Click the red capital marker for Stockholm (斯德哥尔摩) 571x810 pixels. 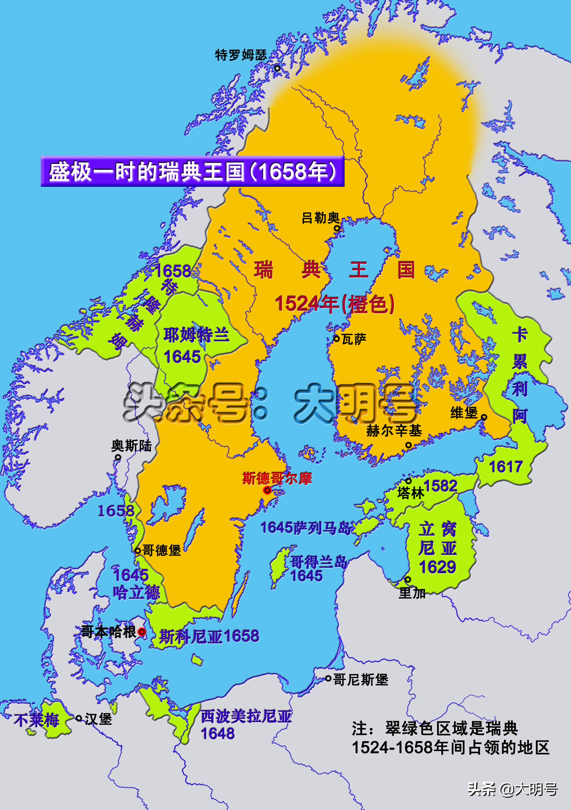267,490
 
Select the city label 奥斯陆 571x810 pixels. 131,446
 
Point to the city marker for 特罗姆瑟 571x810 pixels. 277,68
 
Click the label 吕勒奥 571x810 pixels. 320,218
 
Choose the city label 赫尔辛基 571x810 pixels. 394,431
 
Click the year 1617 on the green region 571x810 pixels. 505,467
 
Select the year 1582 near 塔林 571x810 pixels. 440,486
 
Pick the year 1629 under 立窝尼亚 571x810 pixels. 437,567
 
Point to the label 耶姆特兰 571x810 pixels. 196,335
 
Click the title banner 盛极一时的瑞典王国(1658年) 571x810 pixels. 192,171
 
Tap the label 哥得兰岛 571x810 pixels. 318,562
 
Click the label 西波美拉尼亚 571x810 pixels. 246,717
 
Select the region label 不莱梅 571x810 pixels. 37,720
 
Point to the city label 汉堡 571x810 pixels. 98,719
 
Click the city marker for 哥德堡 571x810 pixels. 138,551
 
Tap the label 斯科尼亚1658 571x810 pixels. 209,636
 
